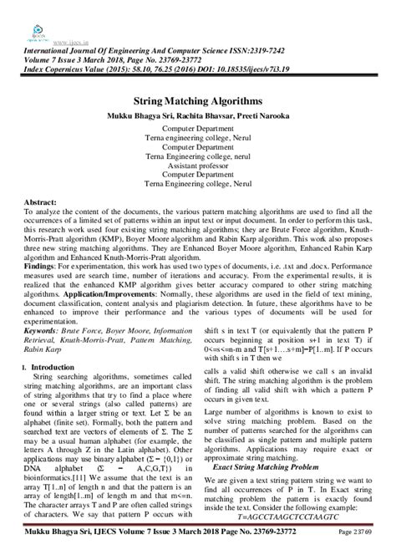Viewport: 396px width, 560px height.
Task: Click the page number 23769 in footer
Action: [377, 552]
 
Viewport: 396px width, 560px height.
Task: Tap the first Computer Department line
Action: [198, 130]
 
